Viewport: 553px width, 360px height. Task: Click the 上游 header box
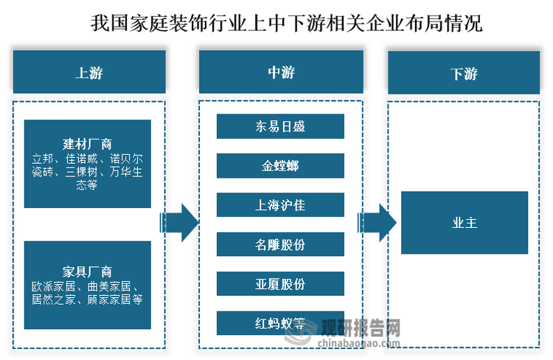click(88, 72)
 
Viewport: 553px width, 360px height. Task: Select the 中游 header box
click(280, 72)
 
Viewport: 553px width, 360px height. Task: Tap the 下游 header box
click(464, 72)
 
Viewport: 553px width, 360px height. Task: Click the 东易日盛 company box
click(280, 126)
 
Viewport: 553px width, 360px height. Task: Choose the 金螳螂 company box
click(280, 166)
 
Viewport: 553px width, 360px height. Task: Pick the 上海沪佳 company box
click(280, 205)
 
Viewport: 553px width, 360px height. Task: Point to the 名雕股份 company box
click(280, 244)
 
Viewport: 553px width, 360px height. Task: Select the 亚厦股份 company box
click(280, 284)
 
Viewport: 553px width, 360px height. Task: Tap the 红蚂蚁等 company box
click(280, 323)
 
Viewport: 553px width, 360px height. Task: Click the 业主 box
click(464, 223)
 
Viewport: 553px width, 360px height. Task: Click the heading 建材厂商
click(87, 143)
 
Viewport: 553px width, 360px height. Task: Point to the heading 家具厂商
click(87, 271)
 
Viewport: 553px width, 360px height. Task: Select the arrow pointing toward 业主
click(377, 222)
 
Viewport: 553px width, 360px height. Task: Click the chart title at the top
click(276, 23)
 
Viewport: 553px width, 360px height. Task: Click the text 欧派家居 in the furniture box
click(52, 285)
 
